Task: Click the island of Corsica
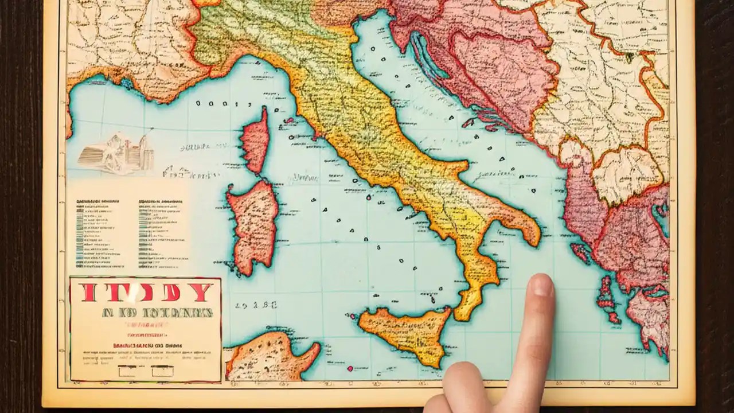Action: (255, 141)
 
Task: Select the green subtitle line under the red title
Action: (157, 313)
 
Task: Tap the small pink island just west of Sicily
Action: (349, 315)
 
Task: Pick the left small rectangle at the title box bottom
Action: (127, 371)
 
